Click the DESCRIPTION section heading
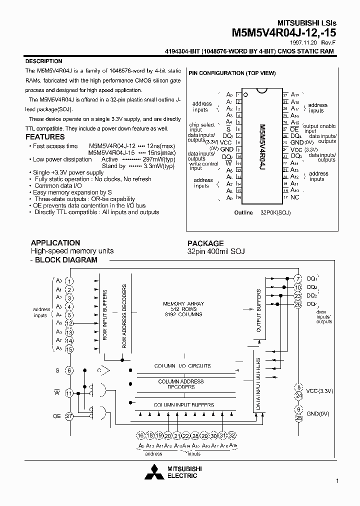click(x=43, y=61)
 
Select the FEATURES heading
click(x=45, y=137)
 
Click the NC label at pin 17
click(x=294, y=197)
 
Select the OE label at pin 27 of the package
click(x=294, y=128)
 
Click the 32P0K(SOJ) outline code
click(x=275, y=212)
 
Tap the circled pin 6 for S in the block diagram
click(x=69, y=370)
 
